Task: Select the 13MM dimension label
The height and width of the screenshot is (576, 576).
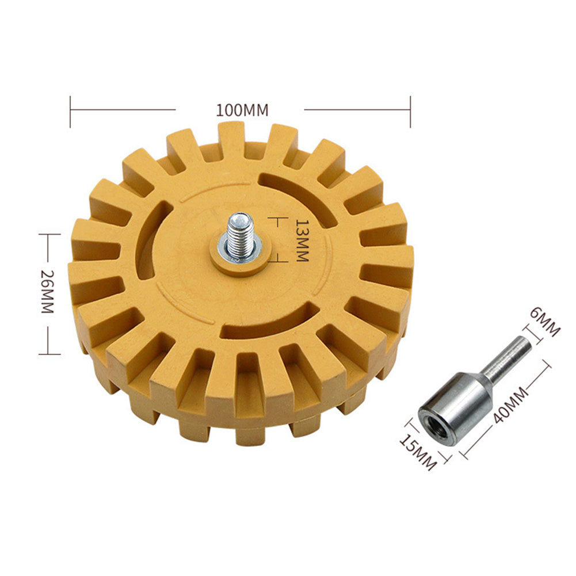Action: coord(302,239)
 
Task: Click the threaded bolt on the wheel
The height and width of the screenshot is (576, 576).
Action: coord(239,233)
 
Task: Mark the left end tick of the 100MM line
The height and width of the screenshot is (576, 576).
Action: coord(70,112)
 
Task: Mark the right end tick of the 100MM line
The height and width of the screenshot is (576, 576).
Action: coord(410,112)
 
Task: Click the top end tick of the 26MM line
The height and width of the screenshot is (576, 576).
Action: coord(49,234)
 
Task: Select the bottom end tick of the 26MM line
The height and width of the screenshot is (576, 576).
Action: coord(49,354)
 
